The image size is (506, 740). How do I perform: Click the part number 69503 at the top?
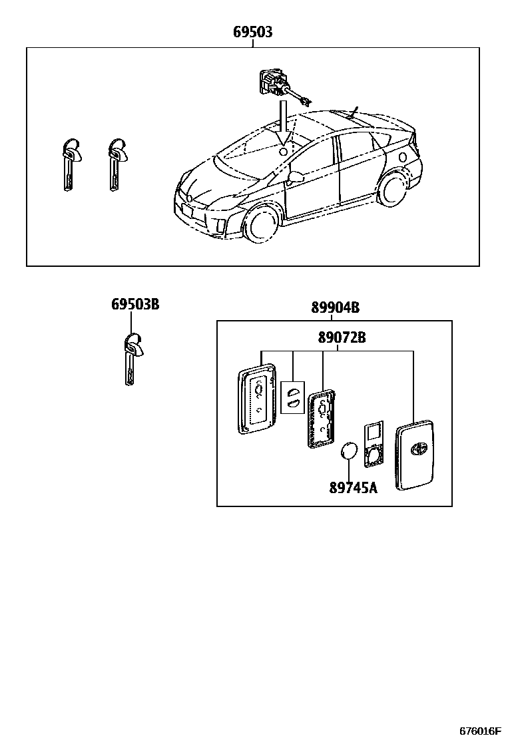(x=252, y=32)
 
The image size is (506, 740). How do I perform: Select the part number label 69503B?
(x=135, y=305)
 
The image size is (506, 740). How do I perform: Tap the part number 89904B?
(x=335, y=307)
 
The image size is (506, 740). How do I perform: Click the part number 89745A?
(x=353, y=488)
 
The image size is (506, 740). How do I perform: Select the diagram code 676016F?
(x=479, y=730)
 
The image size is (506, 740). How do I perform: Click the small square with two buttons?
(x=292, y=397)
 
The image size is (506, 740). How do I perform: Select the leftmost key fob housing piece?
(x=256, y=399)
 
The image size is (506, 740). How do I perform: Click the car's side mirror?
(x=295, y=176)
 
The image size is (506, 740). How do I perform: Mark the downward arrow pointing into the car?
(x=284, y=123)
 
